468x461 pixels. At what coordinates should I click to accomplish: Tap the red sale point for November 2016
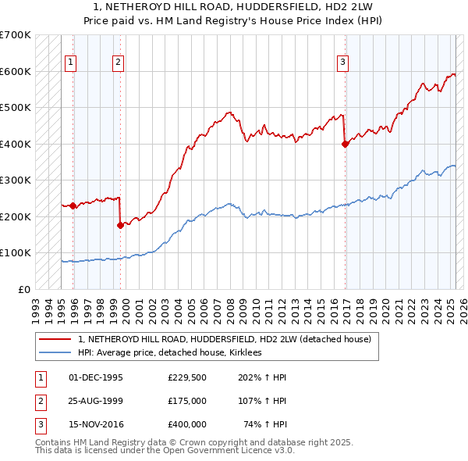click(x=345, y=144)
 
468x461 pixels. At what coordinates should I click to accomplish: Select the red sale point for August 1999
click(x=120, y=225)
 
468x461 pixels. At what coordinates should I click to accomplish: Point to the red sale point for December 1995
click(x=73, y=205)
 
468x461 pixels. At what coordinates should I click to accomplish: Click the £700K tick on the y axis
click(x=16, y=35)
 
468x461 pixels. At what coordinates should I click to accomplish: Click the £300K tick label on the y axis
click(x=16, y=180)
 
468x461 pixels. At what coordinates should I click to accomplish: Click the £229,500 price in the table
click(x=187, y=377)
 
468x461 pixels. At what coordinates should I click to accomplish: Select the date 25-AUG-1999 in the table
click(x=96, y=402)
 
